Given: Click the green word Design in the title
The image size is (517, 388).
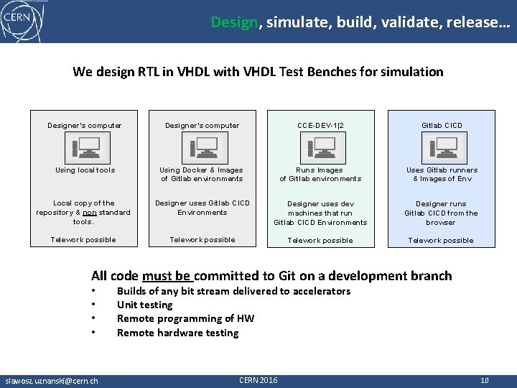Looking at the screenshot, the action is point(234,22).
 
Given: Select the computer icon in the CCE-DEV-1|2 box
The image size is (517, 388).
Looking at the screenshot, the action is point(320,148).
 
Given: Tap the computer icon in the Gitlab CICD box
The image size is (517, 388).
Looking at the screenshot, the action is point(440,148).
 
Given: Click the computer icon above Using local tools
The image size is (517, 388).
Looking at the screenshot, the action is point(85,148).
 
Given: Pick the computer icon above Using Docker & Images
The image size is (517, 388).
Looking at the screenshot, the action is point(202,148).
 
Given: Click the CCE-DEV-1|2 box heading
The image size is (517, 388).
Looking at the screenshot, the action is point(320,126).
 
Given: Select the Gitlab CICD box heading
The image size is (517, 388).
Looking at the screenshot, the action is point(441,126).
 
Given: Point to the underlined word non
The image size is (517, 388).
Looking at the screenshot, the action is point(90,213).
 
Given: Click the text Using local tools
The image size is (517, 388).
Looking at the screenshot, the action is point(85,170).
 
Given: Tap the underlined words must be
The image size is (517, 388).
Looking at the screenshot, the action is point(166,276).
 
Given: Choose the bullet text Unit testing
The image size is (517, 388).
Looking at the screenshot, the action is point(144,305).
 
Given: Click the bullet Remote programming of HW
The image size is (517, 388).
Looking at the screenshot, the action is point(185,318).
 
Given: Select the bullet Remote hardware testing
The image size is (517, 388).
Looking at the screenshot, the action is point(177,333).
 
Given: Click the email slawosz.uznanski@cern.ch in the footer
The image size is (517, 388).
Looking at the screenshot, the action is point(52,380).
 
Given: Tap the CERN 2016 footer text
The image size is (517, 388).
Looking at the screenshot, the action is point(258,379).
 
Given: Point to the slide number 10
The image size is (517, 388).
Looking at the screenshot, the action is point(484,380).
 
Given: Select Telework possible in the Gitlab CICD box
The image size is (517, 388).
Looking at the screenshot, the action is point(441,241).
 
